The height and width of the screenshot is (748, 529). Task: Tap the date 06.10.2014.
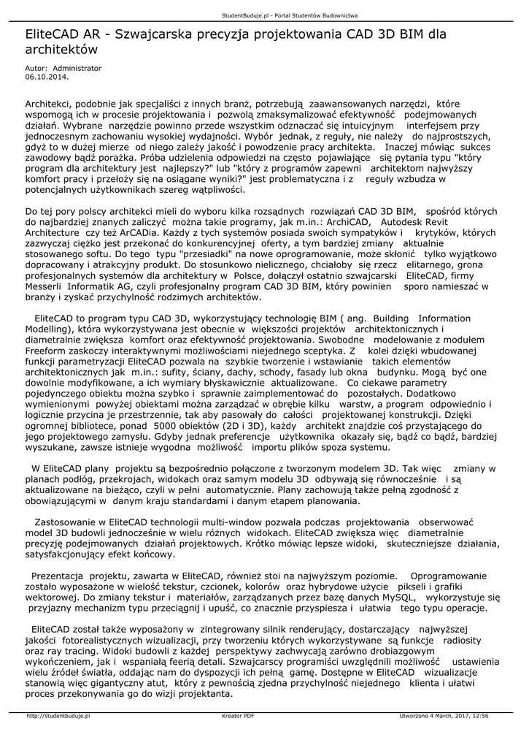pos(43,75)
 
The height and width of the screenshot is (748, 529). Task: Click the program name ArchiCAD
pos(347,221)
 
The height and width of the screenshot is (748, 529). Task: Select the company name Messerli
pos(45,287)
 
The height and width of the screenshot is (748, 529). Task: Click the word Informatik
pos(93,287)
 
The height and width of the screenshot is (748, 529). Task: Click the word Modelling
pos(47,329)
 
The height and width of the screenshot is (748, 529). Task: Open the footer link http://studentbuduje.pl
pos(58,716)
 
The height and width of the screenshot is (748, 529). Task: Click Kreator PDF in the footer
pos(238,716)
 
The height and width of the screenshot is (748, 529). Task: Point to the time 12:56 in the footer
pos(479,716)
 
